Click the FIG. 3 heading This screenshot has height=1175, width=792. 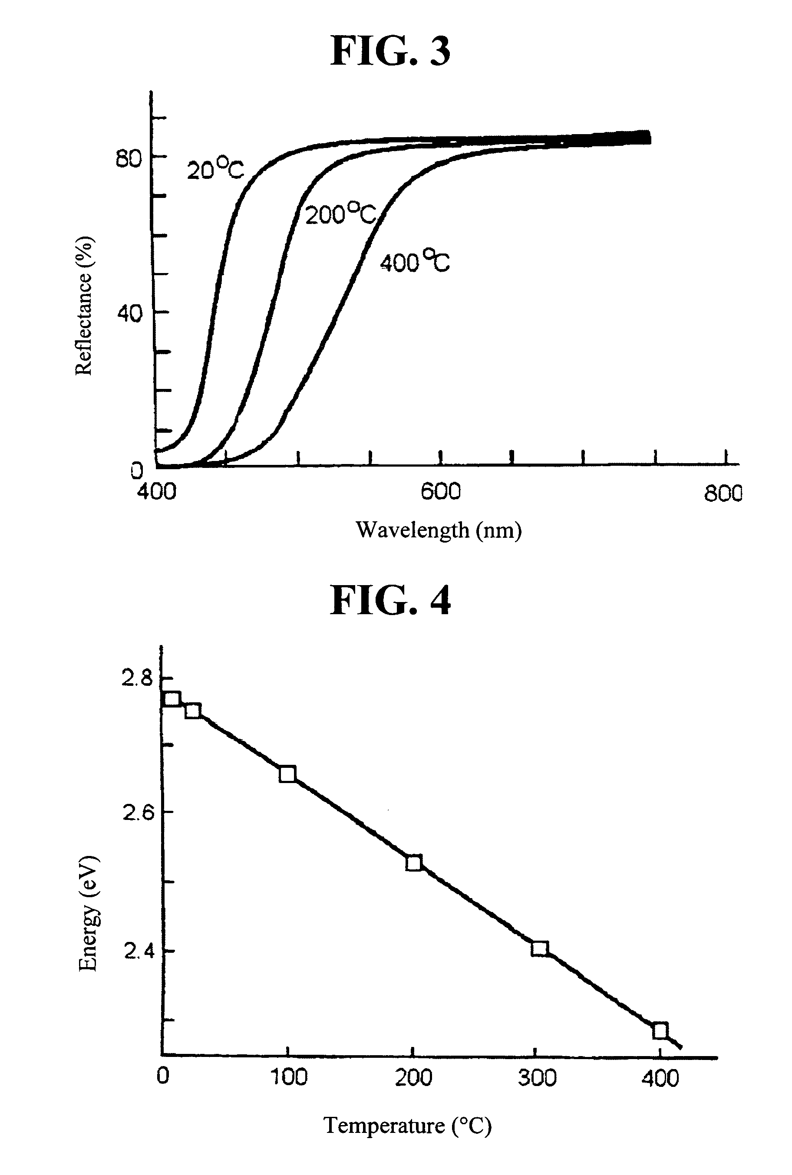(390, 51)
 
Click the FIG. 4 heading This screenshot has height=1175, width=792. (390, 600)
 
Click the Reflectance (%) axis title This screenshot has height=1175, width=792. (84, 306)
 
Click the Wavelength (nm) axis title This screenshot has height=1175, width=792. (439, 530)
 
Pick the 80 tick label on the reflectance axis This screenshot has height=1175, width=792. (128, 160)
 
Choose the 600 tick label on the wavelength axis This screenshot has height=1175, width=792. (440, 491)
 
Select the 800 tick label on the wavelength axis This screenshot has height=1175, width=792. (723, 493)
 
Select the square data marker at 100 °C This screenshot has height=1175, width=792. (287, 774)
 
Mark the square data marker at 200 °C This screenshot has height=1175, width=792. (414, 863)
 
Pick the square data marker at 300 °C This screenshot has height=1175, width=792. (539, 948)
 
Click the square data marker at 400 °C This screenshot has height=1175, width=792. (660, 1030)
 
